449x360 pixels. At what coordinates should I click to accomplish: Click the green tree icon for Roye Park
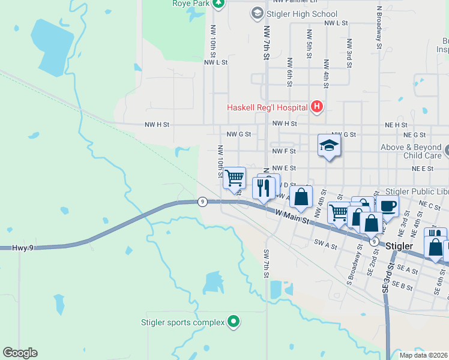(x=218, y=3)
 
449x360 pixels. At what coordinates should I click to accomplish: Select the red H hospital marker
(x=317, y=107)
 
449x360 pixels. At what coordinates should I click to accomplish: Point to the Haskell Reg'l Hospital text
(x=266, y=108)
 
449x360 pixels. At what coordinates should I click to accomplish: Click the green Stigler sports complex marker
(x=234, y=322)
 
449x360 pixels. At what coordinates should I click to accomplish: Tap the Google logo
(x=20, y=353)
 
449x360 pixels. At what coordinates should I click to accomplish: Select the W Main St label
(x=292, y=217)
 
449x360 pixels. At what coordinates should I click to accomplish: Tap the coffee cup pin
(x=387, y=206)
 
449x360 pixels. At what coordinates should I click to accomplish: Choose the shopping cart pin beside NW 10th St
(x=234, y=177)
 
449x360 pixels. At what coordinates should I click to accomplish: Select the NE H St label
(x=397, y=124)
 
